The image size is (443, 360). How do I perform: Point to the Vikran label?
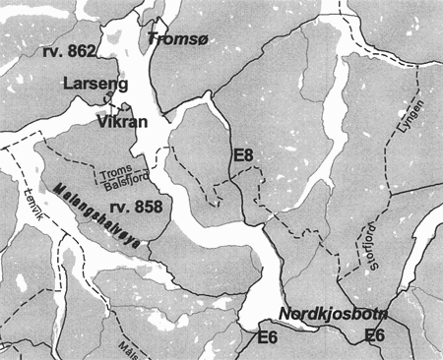pyautogui.click(x=122, y=124)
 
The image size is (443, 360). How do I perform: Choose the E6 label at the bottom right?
pyautogui.click(x=374, y=336)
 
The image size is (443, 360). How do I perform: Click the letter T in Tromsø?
pyautogui.click(x=152, y=38)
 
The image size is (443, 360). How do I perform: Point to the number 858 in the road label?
pyautogui.click(x=144, y=207)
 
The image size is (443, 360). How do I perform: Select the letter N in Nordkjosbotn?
pyautogui.click(x=285, y=313)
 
